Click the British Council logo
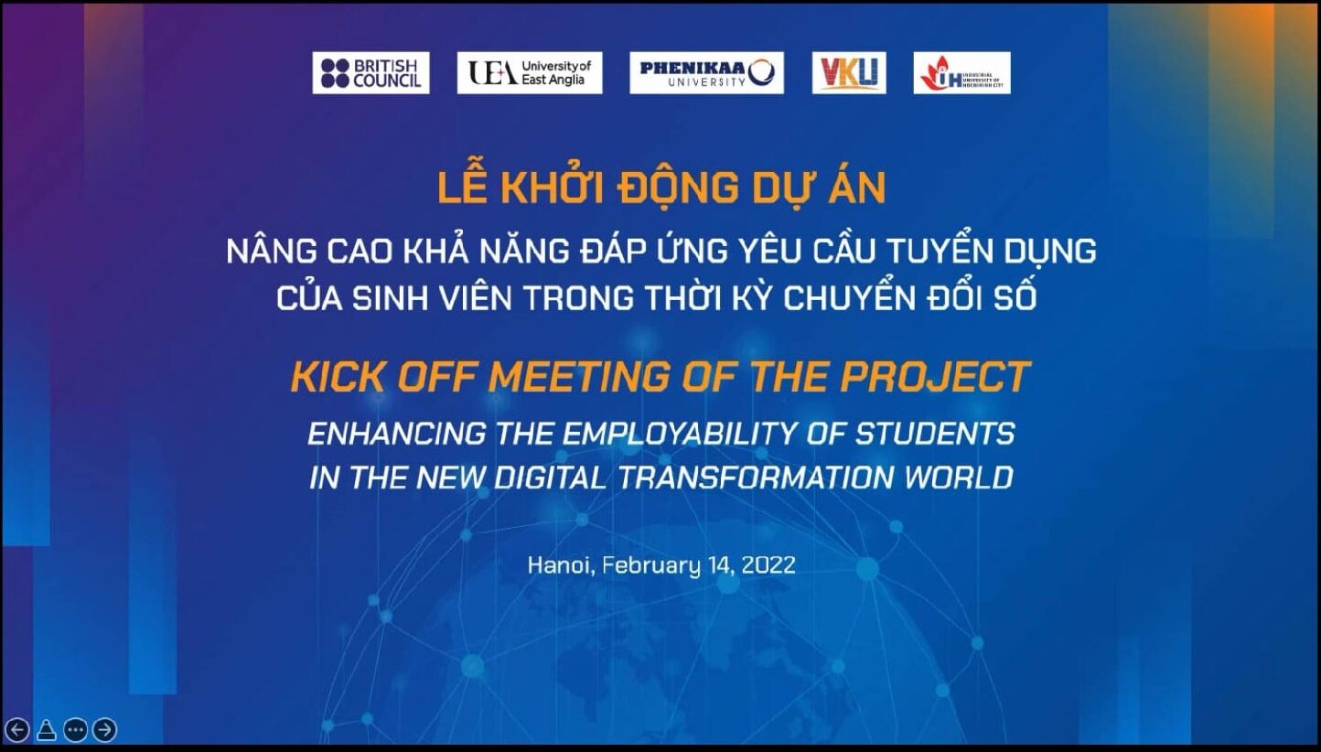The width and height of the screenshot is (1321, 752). point(371,72)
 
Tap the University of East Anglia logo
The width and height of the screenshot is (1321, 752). point(530,72)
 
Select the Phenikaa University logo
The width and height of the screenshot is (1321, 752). point(706,72)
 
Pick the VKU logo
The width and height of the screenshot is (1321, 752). point(849,72)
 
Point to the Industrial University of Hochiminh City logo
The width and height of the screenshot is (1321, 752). point(961,72)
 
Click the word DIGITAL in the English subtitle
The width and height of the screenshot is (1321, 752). point(550,478)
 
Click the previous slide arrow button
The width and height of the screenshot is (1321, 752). point(16,730)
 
